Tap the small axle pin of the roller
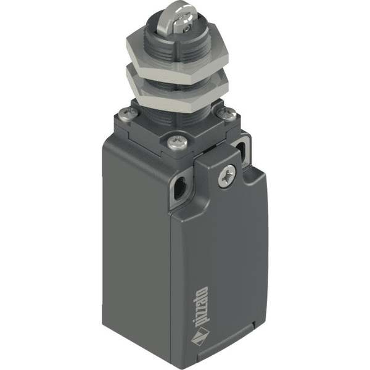click(187, 28)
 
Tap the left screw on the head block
click(129, 115)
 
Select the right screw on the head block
click(226, 114)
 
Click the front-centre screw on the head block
click(178, 143)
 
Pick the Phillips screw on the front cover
click(227, 176)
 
